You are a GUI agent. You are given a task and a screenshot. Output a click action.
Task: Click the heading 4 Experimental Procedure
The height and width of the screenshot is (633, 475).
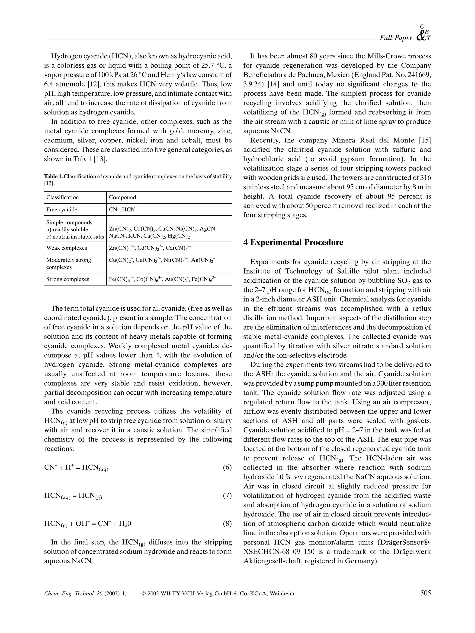[x=293, y=242]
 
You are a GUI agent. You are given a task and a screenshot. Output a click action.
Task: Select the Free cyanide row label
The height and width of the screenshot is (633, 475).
[x=62, y=209]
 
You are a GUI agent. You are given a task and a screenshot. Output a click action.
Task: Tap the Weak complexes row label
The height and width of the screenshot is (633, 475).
[x=67, y=248]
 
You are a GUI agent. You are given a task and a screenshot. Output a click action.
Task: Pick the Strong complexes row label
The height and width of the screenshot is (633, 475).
[x=68, y=279]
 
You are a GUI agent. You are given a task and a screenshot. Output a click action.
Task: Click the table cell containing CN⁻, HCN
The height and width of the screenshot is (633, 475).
[x=122, y=209]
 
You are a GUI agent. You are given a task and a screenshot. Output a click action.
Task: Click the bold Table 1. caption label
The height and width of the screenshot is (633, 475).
[x=53, y=176]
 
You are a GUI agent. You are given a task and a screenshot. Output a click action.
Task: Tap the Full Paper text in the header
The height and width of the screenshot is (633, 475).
[x=396, y=38]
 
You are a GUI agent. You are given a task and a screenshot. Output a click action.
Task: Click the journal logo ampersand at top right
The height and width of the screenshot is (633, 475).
[x=422, y=36]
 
